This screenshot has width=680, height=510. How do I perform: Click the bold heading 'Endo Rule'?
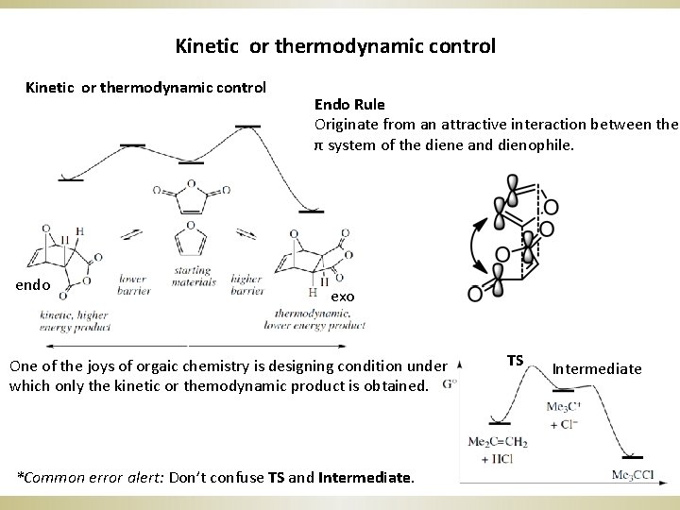pos(348,104)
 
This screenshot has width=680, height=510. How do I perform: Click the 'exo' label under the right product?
pos(342,297)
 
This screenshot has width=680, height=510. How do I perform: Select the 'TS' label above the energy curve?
pos(515,360)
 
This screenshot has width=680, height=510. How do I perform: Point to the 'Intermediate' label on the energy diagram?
pos(596,368)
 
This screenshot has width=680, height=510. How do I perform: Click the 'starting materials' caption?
pos(193,276)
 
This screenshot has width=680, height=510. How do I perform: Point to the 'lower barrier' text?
pos(133,284)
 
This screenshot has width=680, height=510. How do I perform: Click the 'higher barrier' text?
pos(246,284)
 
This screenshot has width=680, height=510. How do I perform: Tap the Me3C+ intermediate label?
pos(563,407)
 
